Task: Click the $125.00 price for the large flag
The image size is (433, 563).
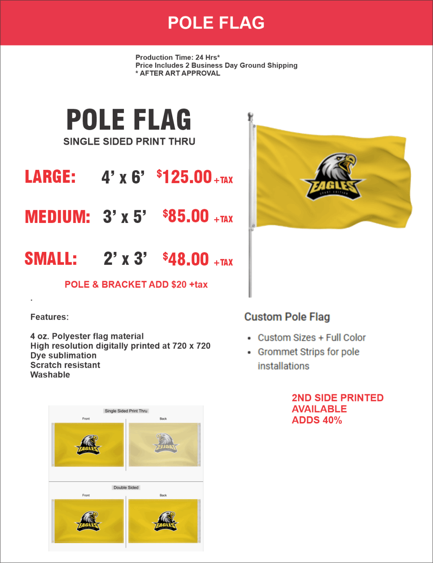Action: point(185,177)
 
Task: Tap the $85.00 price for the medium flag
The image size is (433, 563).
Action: point(186,217)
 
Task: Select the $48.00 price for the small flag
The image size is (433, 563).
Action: point(186,259)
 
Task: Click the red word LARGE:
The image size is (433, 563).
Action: point(50,177)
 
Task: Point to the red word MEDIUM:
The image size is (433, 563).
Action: point(58,217)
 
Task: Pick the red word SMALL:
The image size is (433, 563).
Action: point(51,259)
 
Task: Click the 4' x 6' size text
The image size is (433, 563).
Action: point(123,177)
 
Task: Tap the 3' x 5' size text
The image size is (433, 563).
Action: point(125,217)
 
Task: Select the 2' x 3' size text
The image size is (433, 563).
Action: point(125,259)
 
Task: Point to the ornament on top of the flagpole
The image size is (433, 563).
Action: point(250,117)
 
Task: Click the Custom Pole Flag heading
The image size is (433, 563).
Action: point(287,317)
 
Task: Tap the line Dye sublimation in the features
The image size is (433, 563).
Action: point(64,356)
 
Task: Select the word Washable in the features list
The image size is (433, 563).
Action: point(50,375)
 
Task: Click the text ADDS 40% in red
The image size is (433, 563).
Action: point(317,421)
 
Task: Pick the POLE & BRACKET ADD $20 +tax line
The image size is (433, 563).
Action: point(136,285)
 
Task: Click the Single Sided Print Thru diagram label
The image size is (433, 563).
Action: point(126,411)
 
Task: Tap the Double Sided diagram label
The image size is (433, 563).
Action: point(126,488)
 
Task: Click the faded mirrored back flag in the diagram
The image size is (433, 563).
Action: point(165,444)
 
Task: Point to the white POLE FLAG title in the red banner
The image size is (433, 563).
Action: point(216,23)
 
